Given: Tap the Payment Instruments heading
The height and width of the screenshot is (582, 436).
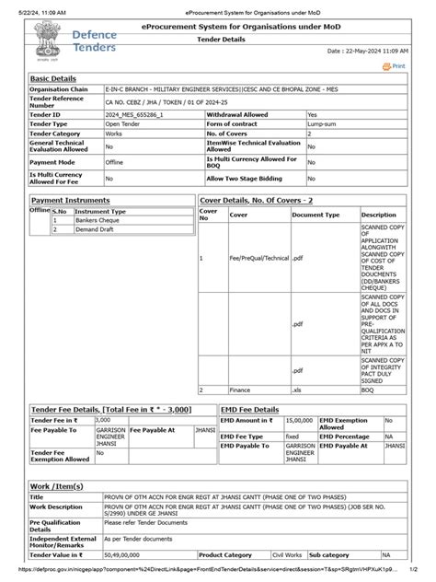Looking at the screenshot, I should (71, 200).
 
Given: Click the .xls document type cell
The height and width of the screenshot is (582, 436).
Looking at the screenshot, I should (298, 390).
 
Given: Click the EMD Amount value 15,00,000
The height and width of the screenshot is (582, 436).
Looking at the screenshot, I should (297, 420).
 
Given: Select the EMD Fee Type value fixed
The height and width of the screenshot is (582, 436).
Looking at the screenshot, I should (293, 436).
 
